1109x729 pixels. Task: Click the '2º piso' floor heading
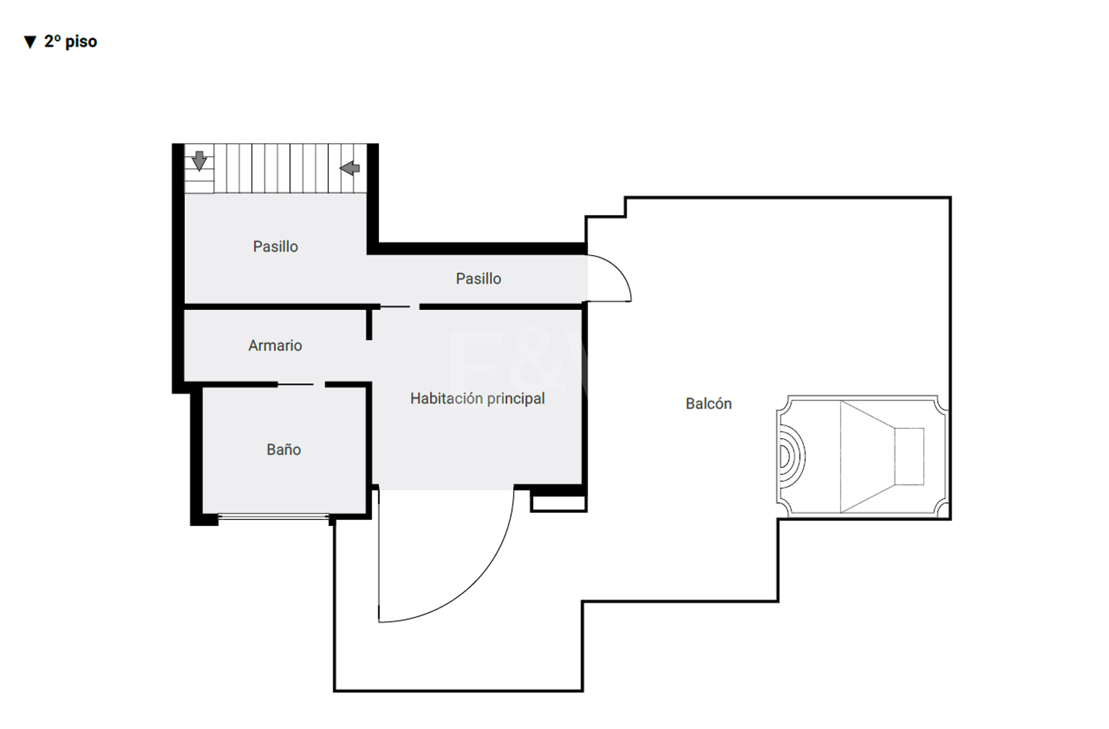[x=70, y=42]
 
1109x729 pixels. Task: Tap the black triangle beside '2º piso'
[x=30, y=42]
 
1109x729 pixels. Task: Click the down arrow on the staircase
[x=199, y=161]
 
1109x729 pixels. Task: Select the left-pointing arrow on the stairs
[x=349, y=168]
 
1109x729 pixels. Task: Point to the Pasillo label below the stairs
[x=275, y=246]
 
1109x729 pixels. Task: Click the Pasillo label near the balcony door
[x=478, y=279]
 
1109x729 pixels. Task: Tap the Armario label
[x=275, y=346]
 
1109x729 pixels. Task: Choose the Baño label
[x=284, y=450]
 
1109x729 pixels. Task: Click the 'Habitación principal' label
[x=478, y=399]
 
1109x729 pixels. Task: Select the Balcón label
[x=708, y=404]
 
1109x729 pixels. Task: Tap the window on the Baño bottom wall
[x=274, y=517]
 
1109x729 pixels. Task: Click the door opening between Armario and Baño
[x=301, y=385]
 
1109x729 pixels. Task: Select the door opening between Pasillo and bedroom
[x=400, y=307]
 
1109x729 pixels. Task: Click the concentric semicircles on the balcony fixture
[x=792, y=456]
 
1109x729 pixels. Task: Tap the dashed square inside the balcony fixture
[x=909, y=456]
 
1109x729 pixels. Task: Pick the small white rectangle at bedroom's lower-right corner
[x=559, y=504]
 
